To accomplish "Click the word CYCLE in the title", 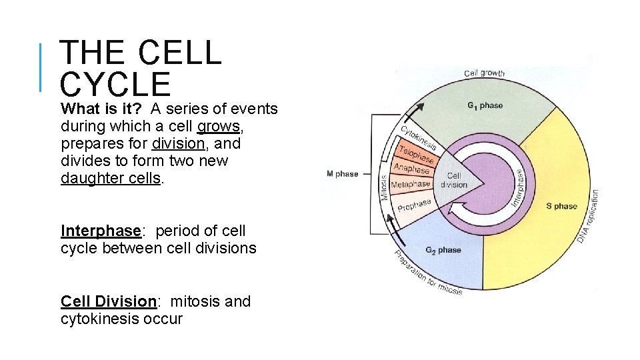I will pyautogui.click(x=115, y=85).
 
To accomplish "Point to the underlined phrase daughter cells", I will pyautogui.click(x=111, y=178).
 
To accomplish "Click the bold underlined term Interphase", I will pyautogui.click(x=101, y=231).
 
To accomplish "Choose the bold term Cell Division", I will pyautogui.click(x=109, y=301).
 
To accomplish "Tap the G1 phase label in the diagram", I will pyautogui.click(x=485, y=105).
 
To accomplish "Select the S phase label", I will pyautogui.click(x=561, y=206).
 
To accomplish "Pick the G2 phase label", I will pyautogui.click(x=443, y=250).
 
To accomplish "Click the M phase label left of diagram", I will pyautogui.click(x=342, y=174).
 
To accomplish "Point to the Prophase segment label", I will pyautogui.click(x=414, y=204).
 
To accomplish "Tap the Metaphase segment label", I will pyautogui.click(x=410, y=184).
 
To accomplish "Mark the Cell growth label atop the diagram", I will pyautogui.click(x=484, y=73).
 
